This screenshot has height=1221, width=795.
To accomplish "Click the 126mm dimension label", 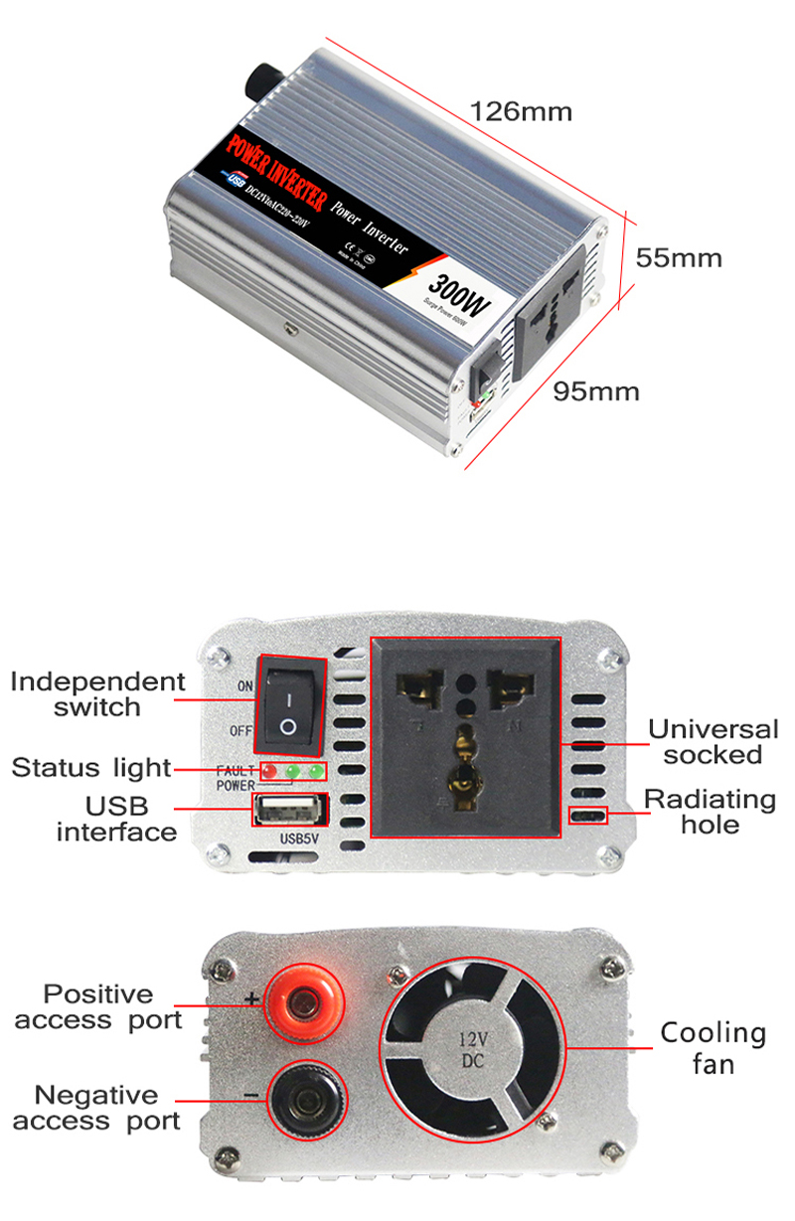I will coord(521,111).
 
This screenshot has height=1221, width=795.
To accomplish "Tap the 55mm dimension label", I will coord(679,257).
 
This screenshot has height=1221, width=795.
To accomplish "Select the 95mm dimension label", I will coord(596,391).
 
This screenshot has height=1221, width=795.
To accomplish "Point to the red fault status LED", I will coord(268,771).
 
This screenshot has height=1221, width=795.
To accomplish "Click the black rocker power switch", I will coord(289,705).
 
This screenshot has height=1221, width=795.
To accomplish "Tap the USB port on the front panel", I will coord(290,812).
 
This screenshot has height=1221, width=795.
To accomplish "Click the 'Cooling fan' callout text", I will coord(714,1048).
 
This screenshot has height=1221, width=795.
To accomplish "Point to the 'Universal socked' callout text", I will coord(713,741).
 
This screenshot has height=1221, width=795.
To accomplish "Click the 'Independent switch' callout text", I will coord(97,694).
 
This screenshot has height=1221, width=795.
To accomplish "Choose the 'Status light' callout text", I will coord(91,768).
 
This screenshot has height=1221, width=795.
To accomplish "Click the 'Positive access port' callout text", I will coord(98,1006).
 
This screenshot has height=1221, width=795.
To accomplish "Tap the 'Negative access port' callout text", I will coord(96,1108).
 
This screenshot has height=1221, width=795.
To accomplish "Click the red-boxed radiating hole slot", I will coord(587,816).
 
